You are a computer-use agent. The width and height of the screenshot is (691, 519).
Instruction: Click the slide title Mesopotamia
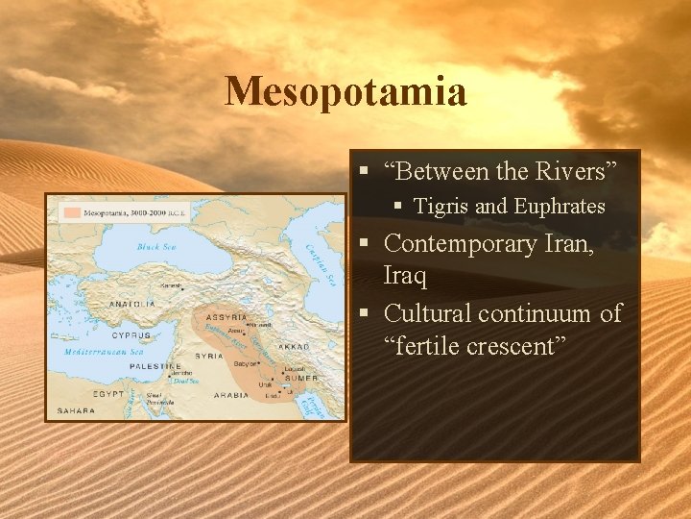345,92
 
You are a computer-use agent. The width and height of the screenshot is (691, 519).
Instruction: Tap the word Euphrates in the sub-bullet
560,207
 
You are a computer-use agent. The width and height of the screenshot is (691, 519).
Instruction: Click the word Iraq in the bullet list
405,276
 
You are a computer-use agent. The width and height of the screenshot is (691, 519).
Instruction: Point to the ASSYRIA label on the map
227,316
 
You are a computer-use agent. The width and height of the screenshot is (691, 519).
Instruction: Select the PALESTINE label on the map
156,366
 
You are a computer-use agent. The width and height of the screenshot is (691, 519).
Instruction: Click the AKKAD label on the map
293,345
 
